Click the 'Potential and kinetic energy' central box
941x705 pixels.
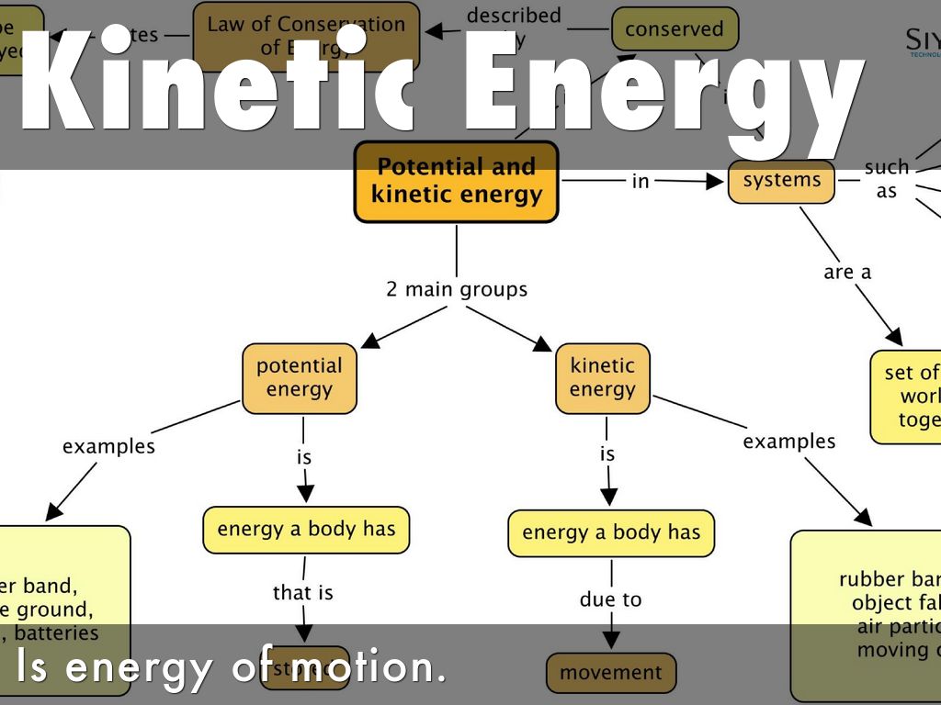point(456,182)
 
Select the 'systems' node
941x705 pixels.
point(781,181)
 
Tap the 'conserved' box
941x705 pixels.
point(674,29)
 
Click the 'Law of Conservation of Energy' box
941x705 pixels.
point(306,36)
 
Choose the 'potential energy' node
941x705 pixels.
point(299,377)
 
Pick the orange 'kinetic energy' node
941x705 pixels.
point(602,377)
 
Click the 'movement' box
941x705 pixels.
point(610,673)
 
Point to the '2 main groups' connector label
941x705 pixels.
point(457,289)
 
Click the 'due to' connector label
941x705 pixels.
point(610,599)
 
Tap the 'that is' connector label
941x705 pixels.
point(302,593)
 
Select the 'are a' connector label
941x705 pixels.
point(846,272)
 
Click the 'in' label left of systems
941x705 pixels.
point(640,182)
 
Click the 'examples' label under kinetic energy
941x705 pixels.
point(788,442)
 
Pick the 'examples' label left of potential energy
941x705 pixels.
point(108,446)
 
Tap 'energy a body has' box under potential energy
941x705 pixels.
point(306,529)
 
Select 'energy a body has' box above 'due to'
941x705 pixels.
point(610,532)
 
